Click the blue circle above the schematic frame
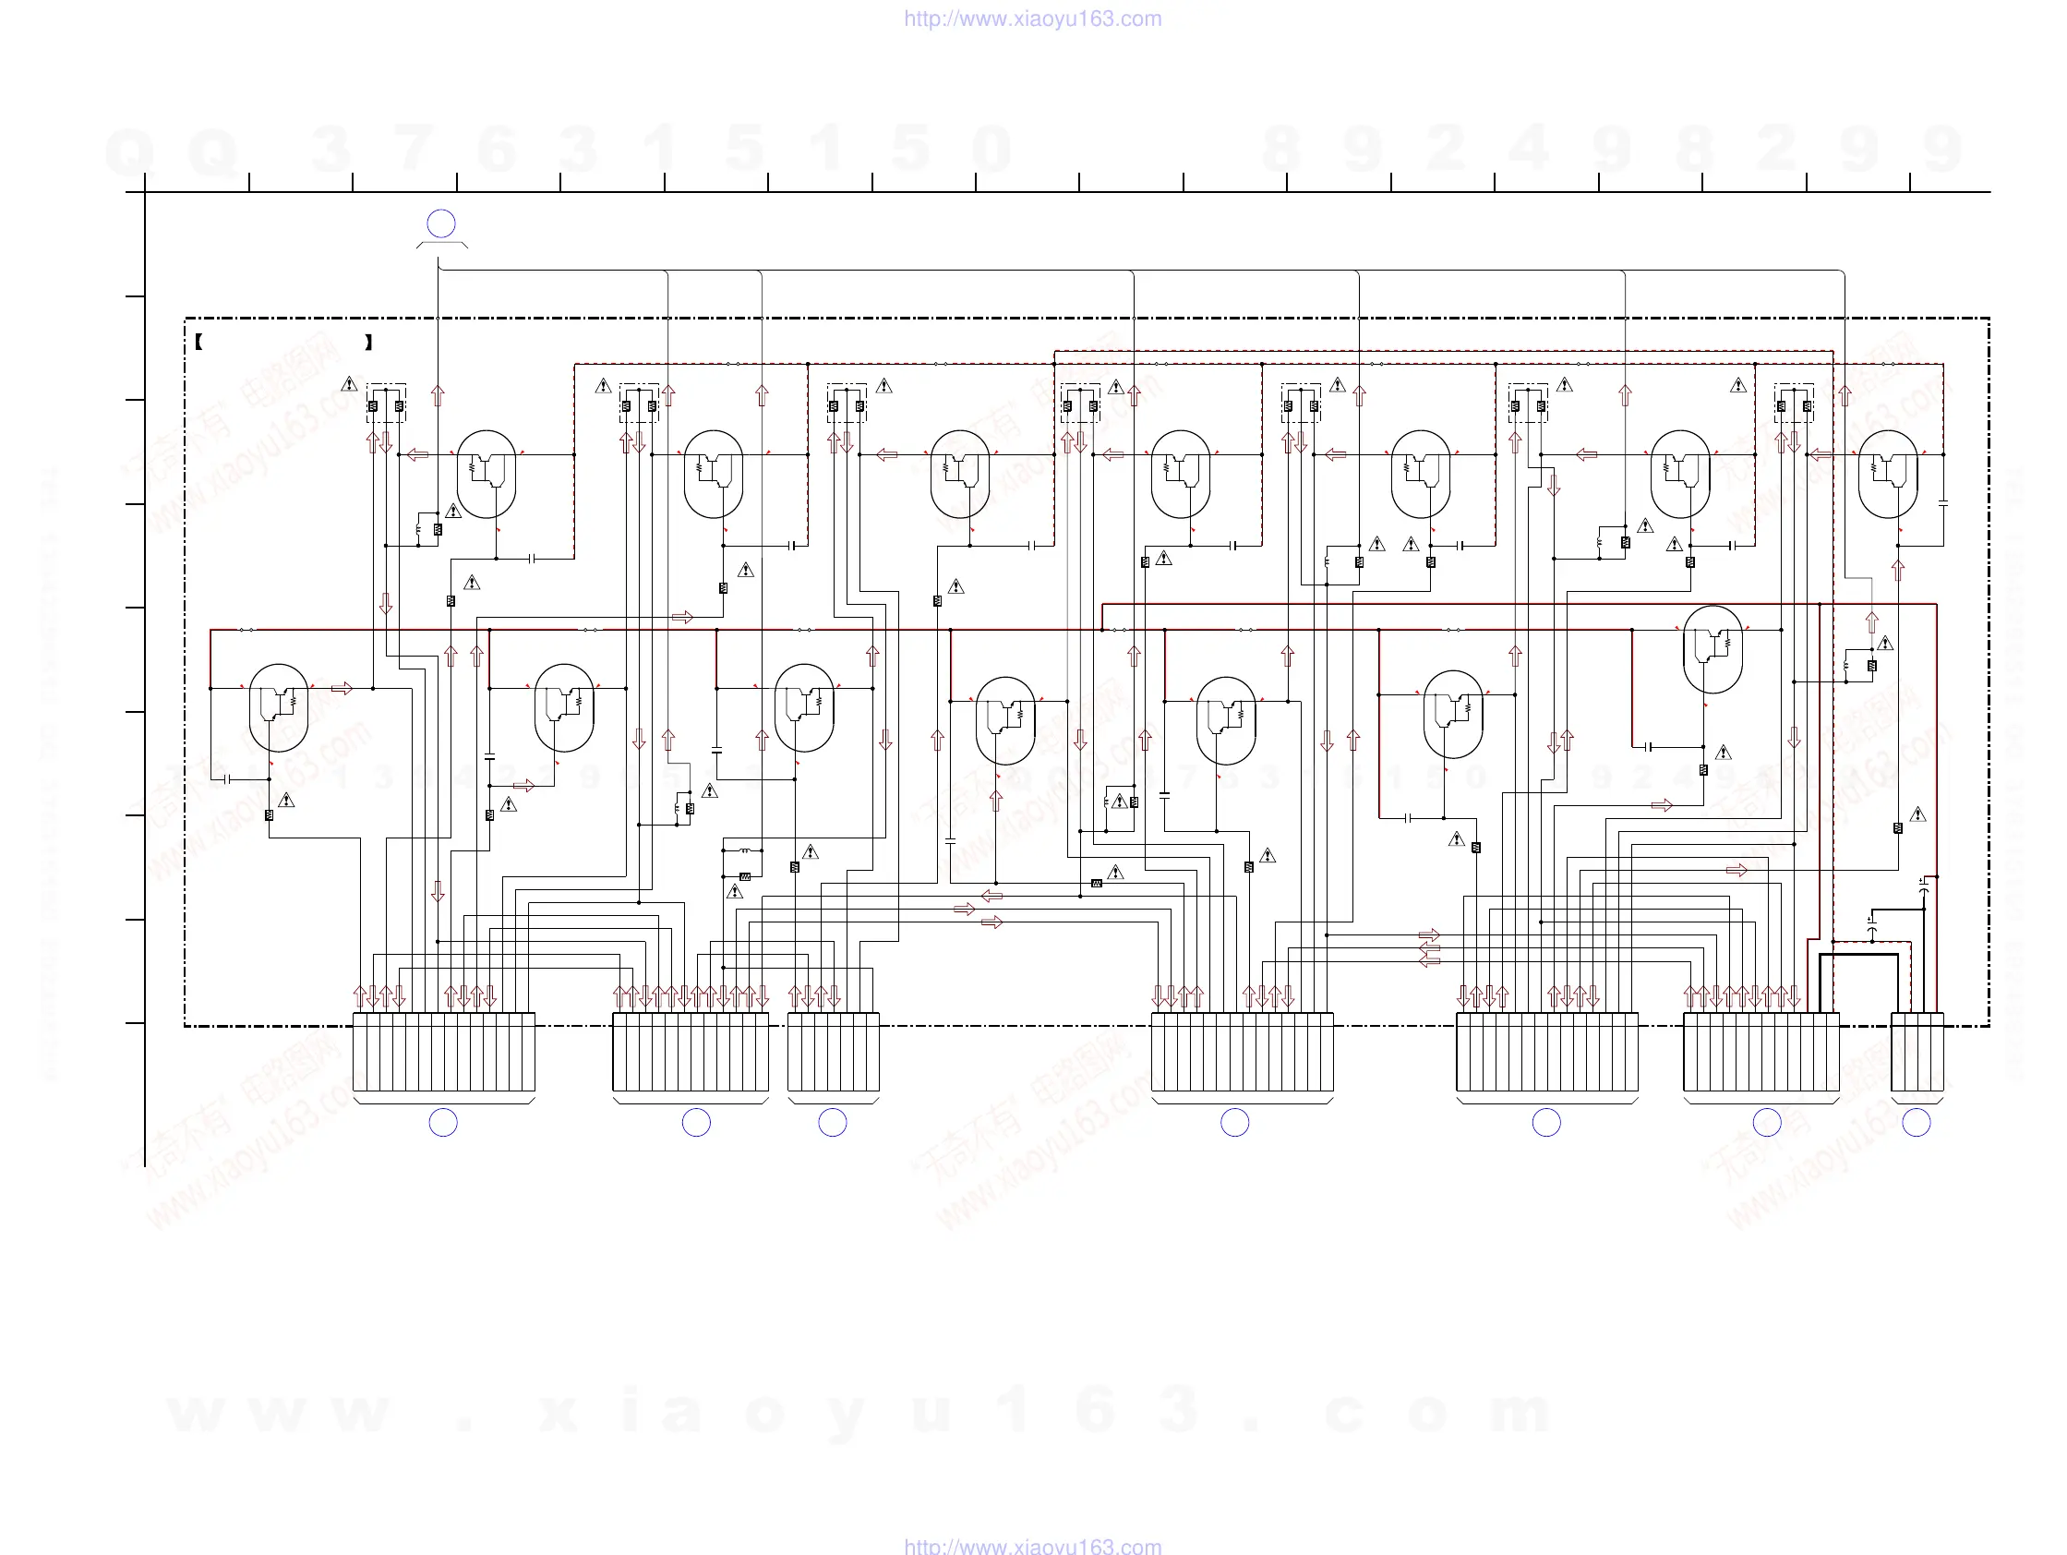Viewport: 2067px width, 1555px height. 441,223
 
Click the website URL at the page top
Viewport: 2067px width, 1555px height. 1032,18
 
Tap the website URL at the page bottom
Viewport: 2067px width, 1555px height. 1032,1546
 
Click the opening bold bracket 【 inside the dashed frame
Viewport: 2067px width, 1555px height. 199,342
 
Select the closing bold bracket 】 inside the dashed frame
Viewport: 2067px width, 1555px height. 369,342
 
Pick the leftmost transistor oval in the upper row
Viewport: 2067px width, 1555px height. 487,474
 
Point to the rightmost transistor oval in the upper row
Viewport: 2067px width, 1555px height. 1888,474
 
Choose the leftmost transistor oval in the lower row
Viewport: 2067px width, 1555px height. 279,707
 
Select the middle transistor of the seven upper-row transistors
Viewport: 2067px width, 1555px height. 1181,474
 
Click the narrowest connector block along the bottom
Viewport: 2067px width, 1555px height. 1917,1052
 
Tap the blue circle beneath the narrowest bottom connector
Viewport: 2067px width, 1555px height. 1917,1122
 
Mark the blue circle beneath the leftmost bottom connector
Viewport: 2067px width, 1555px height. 443,1122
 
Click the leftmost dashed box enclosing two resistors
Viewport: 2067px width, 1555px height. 386,403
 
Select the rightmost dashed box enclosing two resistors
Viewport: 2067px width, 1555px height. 1794,403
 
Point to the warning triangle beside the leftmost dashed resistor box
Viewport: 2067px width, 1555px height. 350,384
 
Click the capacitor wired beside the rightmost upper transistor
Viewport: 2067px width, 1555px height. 1943,503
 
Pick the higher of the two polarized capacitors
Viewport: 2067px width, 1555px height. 1923,884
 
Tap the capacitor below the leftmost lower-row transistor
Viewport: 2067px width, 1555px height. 226,778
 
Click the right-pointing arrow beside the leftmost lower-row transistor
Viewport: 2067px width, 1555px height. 342,689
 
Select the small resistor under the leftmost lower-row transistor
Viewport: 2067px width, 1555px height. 270,814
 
